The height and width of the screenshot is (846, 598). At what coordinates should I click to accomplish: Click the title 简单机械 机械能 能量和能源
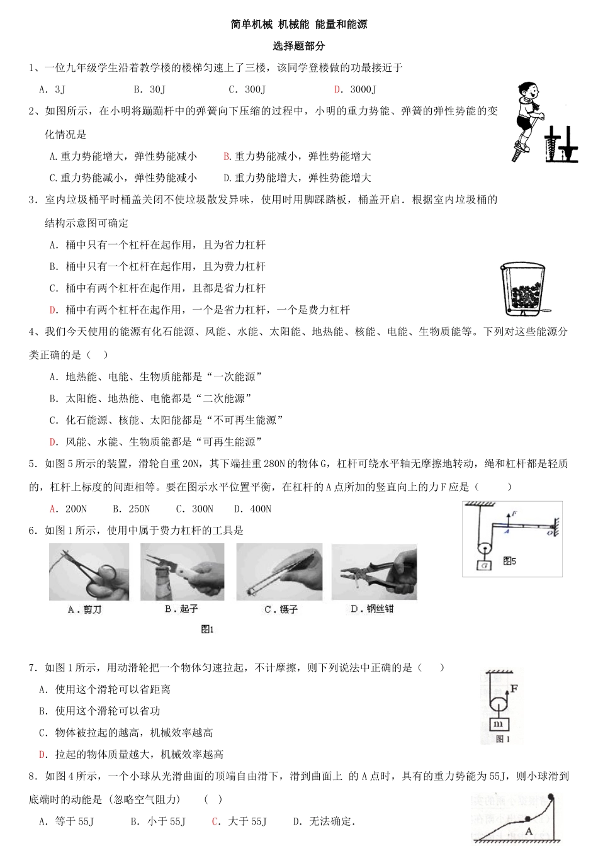(299, 25)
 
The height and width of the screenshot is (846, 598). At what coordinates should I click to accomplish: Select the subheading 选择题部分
(299, 46)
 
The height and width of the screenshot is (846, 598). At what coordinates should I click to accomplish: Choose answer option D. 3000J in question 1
(355, 89)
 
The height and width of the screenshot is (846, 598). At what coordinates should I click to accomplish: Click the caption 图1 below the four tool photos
(207, 629)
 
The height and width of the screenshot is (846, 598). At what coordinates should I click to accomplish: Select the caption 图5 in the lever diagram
(509, 560)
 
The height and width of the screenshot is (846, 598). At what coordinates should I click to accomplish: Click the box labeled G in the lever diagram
(483, 565)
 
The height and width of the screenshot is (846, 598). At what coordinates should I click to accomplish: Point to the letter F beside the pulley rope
(514, 689)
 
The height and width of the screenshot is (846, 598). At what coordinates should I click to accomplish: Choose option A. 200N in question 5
(68, 509)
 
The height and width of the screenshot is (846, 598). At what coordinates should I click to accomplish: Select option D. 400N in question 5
(252, 509)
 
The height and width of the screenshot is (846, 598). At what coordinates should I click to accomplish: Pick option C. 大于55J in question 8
(239, 821)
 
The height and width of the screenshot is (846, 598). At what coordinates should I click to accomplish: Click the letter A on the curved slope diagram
(529, 831)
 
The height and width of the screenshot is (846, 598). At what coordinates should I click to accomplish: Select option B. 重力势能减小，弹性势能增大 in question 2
(297, 156)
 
